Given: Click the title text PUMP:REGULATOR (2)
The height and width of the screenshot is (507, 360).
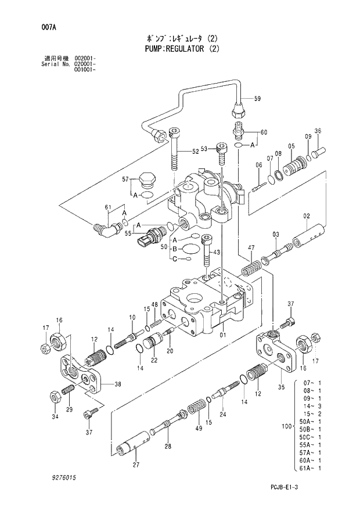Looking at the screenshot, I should click(x=180, y=49).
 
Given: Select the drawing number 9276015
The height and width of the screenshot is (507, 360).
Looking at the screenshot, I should click(x=59, y=477).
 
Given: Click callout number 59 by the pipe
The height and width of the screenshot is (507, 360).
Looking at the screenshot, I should click(x=257, y=99).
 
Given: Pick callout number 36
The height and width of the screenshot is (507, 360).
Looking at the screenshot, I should click(x=317, y=131).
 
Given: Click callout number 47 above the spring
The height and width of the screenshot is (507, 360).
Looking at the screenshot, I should click(x=251, y=248).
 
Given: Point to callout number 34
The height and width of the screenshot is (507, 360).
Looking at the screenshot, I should click(x=54, y=416).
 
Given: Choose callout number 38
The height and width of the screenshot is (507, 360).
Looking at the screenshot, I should click(x=118, y=384).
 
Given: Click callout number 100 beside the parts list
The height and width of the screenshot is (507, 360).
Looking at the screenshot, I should click(x=285, y=427).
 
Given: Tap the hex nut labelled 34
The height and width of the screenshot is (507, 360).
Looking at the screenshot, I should click(x=53, y=397).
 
